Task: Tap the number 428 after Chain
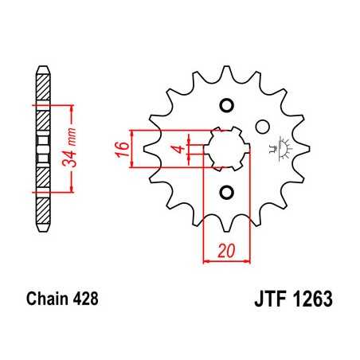pyautogui.click(x=84, y=300)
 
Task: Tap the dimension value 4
pyautogui.click(x=181, y=149)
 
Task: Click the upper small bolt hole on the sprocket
pyautogui.click(x=225, y=106)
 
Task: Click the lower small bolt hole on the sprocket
pyautogui.click(x=225, y=191)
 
